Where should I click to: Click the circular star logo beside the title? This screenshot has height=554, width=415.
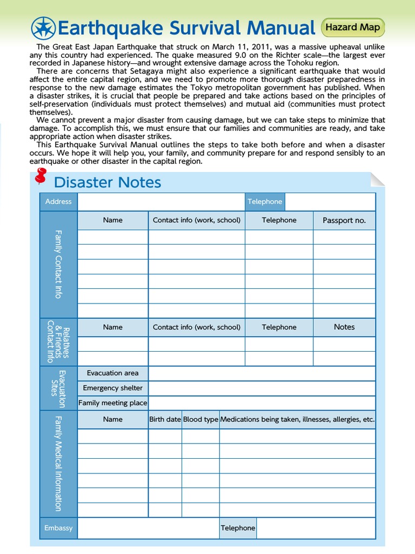point(43,28)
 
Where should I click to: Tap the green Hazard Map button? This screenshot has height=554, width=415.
point(353,27)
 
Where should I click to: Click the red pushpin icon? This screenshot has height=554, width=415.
point(41,176)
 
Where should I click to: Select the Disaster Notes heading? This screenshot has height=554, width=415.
point(108,182)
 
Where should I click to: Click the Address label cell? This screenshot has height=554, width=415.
point(58,201)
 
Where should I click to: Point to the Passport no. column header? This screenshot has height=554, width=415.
point(344,220)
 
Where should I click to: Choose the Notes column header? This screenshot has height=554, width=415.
point(344,327)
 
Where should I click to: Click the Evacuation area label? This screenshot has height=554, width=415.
point(112,373)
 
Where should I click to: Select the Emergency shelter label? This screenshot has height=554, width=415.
point(112,388)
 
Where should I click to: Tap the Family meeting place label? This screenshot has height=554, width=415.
point(112,403)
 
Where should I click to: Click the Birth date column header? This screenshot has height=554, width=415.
point(165,419)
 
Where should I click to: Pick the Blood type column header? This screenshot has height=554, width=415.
point(200,419)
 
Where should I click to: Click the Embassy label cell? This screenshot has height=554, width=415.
point(58,528)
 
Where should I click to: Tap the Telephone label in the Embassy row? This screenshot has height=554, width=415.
point(238,528)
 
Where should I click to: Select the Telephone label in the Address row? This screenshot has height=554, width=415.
point(265,201)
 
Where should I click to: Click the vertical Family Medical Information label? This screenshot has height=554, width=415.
point(58,464)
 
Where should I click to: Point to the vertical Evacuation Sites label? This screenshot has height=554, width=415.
point(58,388)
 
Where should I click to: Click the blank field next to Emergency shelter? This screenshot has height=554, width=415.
point(262,388)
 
